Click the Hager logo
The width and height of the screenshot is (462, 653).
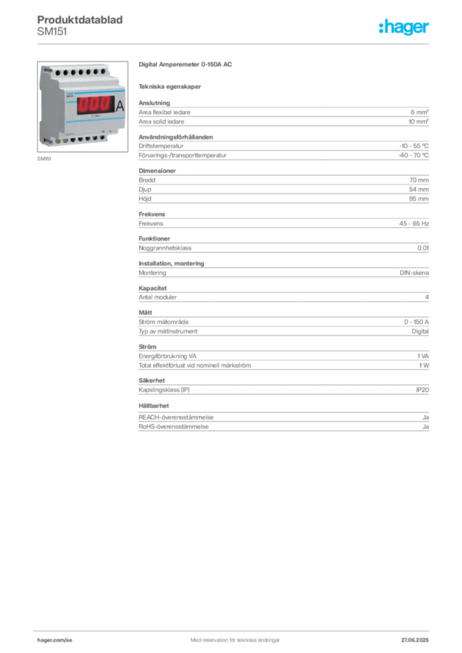tap(404, 27)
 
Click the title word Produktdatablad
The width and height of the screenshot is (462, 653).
tap(80, 20)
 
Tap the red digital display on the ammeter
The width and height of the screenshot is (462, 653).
tap(94, 105)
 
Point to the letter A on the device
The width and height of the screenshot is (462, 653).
tap(120, 106)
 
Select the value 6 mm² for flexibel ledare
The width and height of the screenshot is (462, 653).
tap(419, 112)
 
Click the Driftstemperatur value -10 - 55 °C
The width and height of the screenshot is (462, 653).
tap(414, 146)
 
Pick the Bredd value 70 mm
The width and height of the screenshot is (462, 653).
tap(419, 180)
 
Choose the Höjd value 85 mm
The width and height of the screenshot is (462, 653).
tap(419, 199)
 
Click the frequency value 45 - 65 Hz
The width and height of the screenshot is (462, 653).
tap(414, 224)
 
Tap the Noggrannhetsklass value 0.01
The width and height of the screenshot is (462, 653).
tap(423, 248)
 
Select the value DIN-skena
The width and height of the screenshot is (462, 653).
tap(414, 273)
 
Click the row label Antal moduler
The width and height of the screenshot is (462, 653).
tap(158, 297)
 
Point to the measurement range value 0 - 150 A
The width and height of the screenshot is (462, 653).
tap(416, 322)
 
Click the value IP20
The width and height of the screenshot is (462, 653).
tap(422, 390)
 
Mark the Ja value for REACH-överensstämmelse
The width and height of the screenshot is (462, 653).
tap(426, 417)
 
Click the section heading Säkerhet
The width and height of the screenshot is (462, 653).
tap(152, 381)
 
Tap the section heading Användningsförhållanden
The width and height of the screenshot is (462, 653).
tap(175, 137)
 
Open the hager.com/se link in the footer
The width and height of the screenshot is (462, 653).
tap(55, 640)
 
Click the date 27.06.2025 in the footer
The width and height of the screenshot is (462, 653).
tap(415, 640)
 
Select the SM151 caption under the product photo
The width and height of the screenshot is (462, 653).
tap(44, 159)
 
